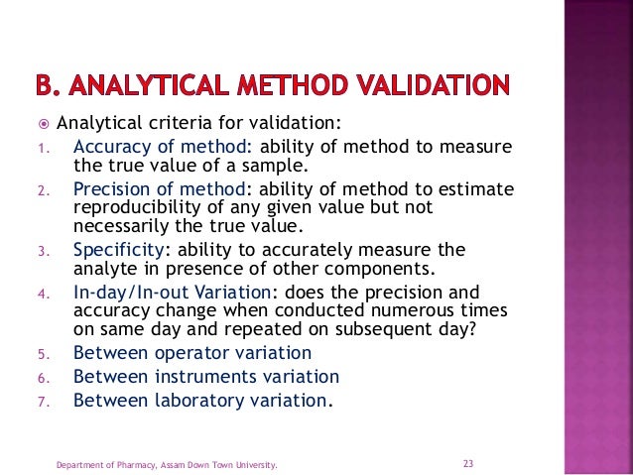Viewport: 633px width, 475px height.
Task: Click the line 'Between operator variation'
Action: pyautogui.click(x=192, y=352)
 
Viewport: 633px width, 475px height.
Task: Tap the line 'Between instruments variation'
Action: pyautogui.click(x=206, y=377)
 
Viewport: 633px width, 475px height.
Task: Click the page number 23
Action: pyautogui.click(x=469, y=463)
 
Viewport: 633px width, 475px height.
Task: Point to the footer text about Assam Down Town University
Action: pyautogui.click(x=166, y=464)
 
